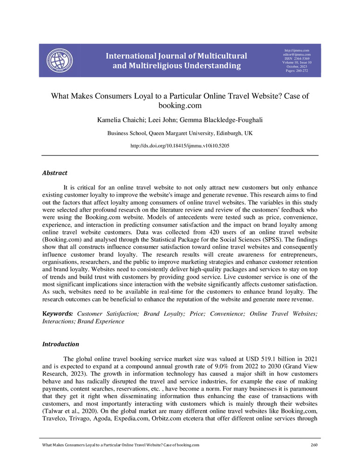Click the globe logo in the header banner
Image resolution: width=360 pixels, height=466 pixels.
click(x=60, y=61)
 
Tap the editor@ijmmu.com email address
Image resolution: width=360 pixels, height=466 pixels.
click(x=297, y=55)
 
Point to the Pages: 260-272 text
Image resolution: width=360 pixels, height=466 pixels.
click(x=297, y=71)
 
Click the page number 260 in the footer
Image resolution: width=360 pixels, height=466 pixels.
click(x=313, y=445)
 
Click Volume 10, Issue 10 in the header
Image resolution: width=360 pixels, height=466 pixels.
click(x=297, y=63)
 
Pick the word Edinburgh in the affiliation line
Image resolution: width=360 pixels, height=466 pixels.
click(x=219, y=133)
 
